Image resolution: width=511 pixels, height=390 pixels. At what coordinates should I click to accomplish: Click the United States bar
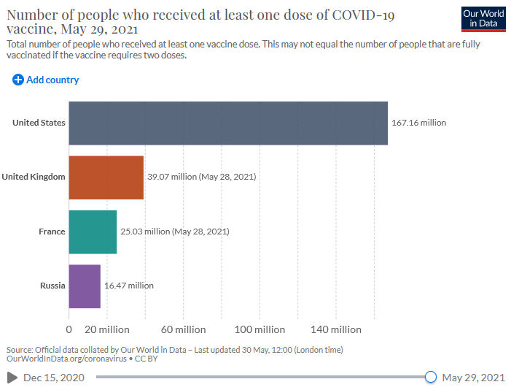228,123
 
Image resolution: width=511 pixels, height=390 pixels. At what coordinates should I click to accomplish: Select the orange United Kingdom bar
106,177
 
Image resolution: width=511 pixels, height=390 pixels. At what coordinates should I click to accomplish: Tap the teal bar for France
93,232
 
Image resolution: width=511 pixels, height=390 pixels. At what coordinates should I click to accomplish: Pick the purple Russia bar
85,286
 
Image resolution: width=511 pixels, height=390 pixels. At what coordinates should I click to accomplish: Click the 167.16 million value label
418,123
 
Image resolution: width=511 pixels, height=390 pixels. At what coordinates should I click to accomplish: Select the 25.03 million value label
174,232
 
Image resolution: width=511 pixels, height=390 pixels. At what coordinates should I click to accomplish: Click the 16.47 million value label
129,286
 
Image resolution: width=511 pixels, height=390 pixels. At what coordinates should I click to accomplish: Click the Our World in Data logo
483,19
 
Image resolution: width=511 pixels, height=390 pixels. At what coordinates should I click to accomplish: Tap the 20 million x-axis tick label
108,329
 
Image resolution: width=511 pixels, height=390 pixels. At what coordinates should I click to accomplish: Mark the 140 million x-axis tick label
335,329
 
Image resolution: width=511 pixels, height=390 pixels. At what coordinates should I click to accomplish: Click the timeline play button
12,378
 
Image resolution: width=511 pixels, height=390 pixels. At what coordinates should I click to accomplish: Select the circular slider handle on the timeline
430,377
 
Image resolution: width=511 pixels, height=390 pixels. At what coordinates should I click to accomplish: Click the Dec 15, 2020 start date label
53,378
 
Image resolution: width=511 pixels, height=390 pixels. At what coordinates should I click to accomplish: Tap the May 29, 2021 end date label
473,378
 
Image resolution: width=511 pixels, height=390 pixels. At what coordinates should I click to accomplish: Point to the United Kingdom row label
34,177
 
